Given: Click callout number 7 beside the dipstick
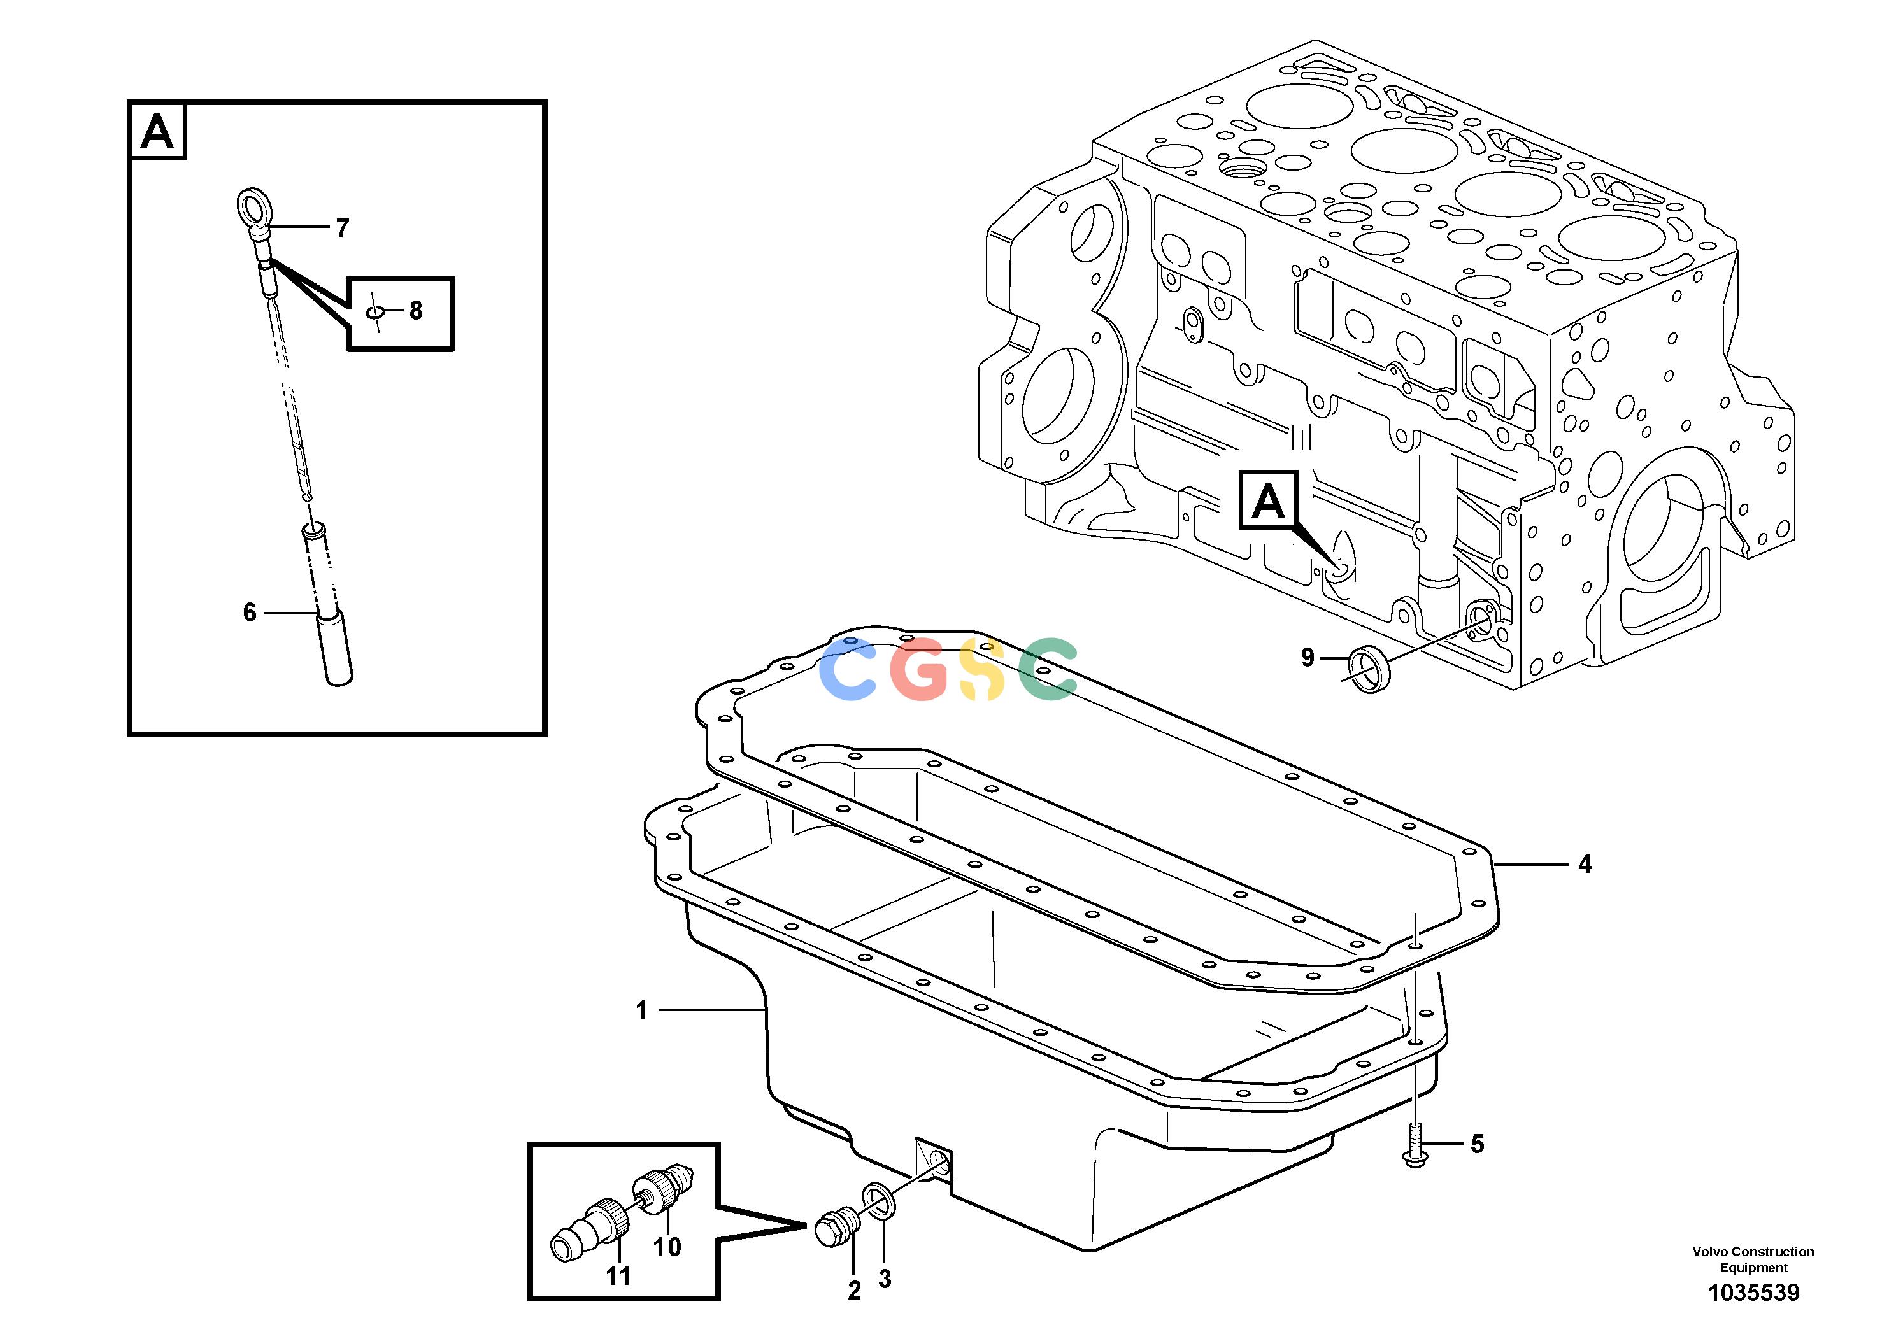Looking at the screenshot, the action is pyautogui.click(x=342, y=228).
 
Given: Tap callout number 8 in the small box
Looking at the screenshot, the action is pyautogui.click(x=415, y=311).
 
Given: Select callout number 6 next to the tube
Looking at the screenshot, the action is pyautogui.click(x=250, y=612).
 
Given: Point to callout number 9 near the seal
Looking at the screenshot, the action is pyautogui.click(x=1308, y=657).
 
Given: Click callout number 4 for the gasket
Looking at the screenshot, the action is pyautogui.click(x=1585, y=863).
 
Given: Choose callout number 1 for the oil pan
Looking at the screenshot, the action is pyautogui.click(x=641, y=1010).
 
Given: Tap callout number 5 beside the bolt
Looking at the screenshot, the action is pyautogui.click(x=1478, y=1144).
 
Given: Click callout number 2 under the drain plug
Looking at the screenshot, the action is pyautogui.click(x=855, y=1291).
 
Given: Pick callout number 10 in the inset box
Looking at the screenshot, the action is pyautogui.click(x=667, y=1247).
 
